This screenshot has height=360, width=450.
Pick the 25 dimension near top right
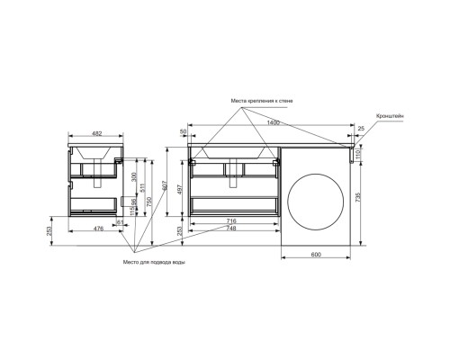(360, 130)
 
